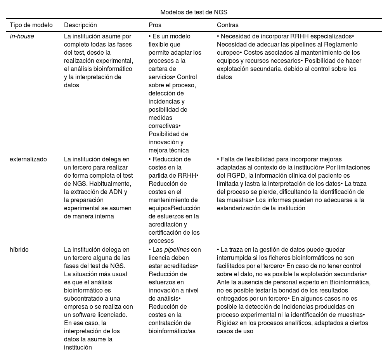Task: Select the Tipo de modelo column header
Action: [x=31, y=25]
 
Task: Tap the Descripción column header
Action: [x=80, y=25]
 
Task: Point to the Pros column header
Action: [x=155, y=25]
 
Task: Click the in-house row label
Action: [x=22, y=36]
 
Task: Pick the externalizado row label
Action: [x=28, y=159]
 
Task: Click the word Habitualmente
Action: [x=113, y=183]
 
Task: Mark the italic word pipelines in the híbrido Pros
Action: [x=177, y=249]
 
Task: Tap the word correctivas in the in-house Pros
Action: [x=163, y=126]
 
